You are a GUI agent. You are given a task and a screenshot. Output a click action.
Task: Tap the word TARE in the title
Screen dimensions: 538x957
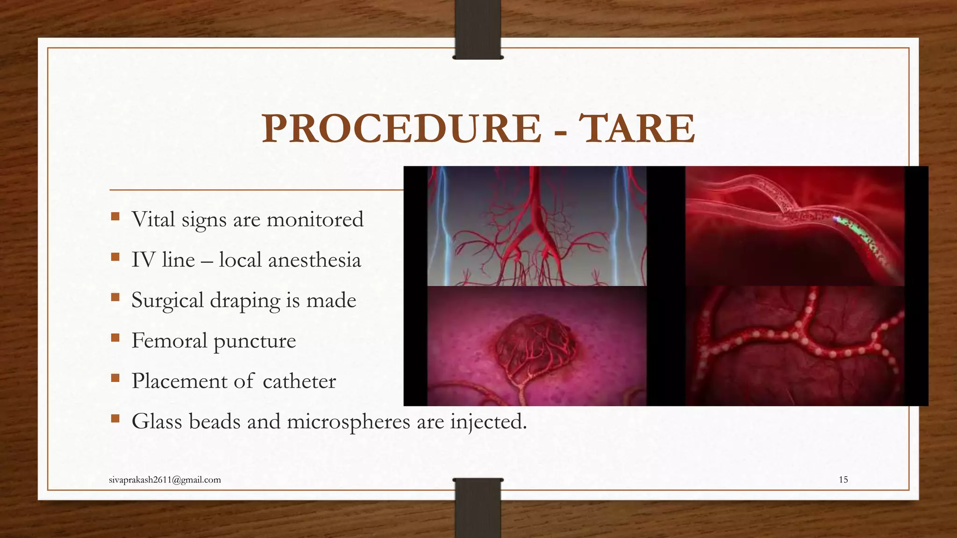point(636,129)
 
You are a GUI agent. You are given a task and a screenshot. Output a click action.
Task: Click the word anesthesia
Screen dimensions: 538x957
point(314,260)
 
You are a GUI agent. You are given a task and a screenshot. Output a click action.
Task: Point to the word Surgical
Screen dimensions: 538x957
point(167,300)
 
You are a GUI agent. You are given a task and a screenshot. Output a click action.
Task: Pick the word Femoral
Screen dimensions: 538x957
point(169,340)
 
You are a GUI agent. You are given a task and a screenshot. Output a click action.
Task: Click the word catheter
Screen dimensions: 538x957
point(299,381)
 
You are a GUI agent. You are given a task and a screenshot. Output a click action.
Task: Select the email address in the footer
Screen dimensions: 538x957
point(164,480)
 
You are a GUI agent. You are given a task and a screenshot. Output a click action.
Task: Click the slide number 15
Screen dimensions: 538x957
point(843,480)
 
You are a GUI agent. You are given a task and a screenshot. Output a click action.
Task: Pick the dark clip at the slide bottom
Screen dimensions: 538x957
point(478,507)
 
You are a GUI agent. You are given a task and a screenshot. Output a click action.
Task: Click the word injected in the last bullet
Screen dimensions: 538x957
point(488,421)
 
